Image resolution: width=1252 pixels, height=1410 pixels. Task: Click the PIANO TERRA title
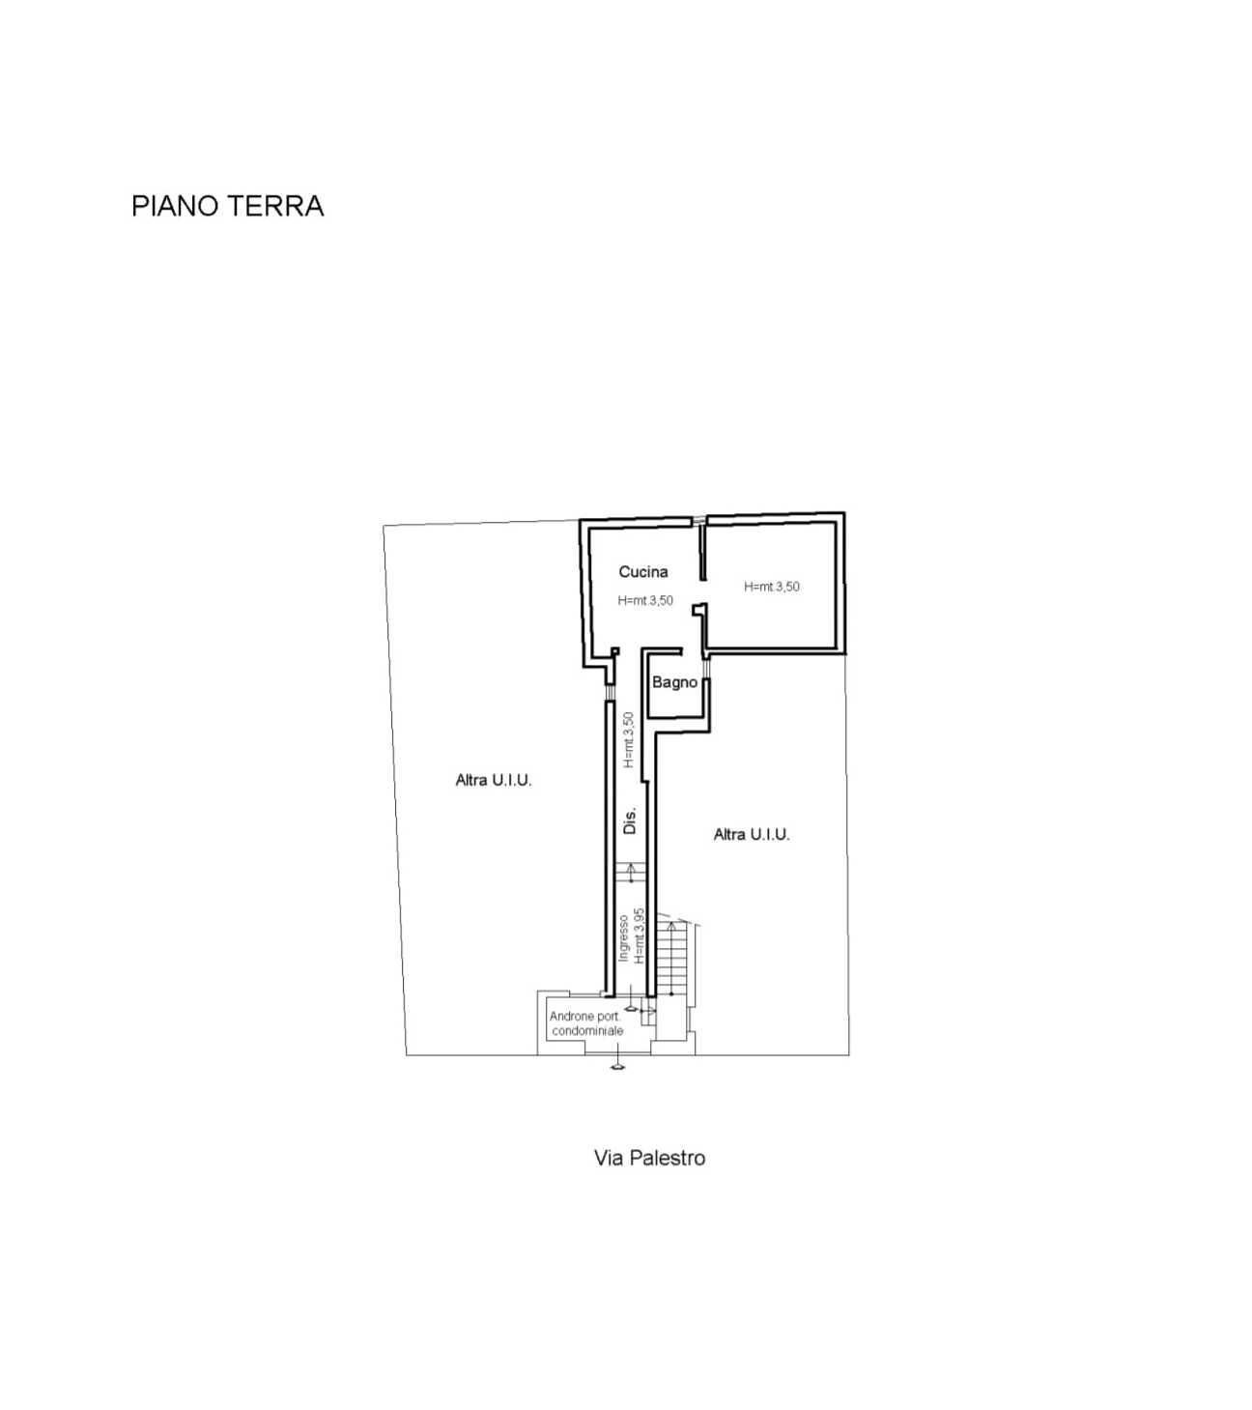click(x=228, y=206)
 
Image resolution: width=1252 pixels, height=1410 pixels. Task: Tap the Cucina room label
click(x=643, y=571)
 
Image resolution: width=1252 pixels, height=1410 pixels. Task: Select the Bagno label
click(x=674, y=682)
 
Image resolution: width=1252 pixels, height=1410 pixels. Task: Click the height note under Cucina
click(x=645, y=600)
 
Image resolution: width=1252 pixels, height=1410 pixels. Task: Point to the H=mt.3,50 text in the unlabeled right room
click(x=772, y=586)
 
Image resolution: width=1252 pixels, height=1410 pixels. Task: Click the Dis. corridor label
click(x=630, y=820)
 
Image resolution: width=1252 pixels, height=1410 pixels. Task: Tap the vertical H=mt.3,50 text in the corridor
click(x=629, y=739)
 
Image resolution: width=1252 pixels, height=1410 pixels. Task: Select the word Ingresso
click(x=623, y=938)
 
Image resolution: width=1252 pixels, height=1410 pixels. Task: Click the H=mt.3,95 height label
click(x=640, y=935)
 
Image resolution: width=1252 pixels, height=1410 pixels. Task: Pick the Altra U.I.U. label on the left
click(x=494, y=780)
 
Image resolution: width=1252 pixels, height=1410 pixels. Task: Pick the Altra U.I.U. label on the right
click(x=752, y=834)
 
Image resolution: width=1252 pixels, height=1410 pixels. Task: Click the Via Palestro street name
click(x=649, y=1158)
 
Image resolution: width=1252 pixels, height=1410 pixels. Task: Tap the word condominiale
click(x=587, y=1031)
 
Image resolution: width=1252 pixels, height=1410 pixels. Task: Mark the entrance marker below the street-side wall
click(x=616, y=1066)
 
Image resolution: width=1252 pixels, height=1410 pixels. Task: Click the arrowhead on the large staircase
click(x=670, y=926)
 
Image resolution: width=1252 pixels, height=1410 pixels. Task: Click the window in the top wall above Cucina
click(x=698, y=520)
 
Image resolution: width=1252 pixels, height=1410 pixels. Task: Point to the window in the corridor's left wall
click(x=609, y=692)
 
